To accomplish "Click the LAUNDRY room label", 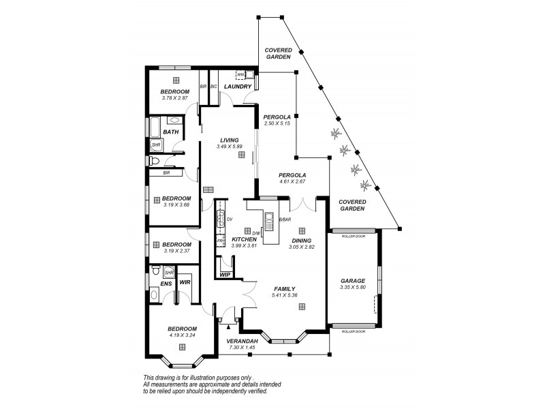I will click(x=238, y=87).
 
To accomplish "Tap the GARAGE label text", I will click(x=352, y=281).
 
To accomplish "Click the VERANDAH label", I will click(x=241, y=341).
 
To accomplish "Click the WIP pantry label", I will click(x=225, y=275).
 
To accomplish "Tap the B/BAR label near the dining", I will click(x=285, y=219).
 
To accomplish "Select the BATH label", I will click(x=171, y=132).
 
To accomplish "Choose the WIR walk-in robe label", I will click(x=185, y=282).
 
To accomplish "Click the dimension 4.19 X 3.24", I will click(x=182, y=335).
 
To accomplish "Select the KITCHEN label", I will click(x=243, y=239).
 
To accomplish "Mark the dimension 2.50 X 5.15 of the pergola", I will click(x=277, y=123).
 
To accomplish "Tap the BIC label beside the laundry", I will click(x=213, y=87).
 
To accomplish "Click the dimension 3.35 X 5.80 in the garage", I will click(x=352, y=288).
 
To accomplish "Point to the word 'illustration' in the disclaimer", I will click(x=204, y=378).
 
